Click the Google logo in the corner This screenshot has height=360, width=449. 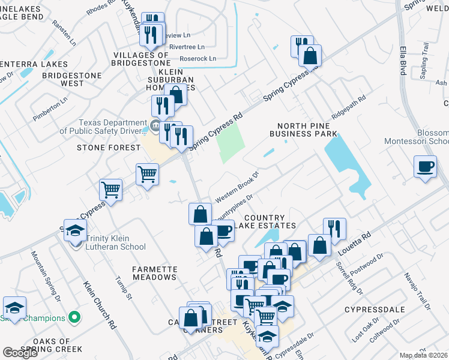[x=20, y=353]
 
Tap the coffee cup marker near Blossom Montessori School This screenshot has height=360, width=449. [x=425, y=166]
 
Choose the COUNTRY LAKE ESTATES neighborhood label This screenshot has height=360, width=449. [x=269, y=221]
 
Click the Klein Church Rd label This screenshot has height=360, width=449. [x=99, y=305]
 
